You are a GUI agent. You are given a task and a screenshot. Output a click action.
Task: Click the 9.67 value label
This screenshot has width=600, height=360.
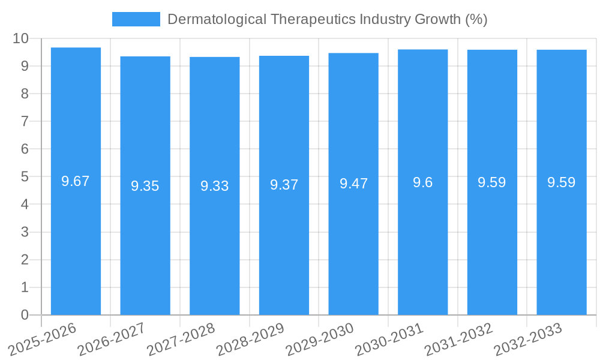(x=76, y=181)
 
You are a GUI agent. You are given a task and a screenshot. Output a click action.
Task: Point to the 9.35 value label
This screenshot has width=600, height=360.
(x=145, y=186)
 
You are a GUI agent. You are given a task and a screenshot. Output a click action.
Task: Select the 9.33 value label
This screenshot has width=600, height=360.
(x=215, y=186)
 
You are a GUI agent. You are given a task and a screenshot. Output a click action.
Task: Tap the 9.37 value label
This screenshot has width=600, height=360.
(x=284, y=185)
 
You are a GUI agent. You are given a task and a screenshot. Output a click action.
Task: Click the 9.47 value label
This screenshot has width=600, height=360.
(x=353, y=184)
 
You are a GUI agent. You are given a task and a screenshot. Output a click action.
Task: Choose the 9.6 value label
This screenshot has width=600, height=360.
(x=422, y=182)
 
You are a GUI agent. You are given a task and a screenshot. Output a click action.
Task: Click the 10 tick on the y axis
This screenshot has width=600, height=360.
(x=21, y=38)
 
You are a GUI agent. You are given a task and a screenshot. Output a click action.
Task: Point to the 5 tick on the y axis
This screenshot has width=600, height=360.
(x=25, y=177)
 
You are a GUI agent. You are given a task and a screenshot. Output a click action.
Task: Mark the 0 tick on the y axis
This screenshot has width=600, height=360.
(x=25, y=315)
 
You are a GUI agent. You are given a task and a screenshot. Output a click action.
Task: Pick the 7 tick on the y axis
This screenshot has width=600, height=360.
(x=25, y=121)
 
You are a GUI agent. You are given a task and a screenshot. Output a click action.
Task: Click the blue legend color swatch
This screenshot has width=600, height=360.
(x=136, y=19)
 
